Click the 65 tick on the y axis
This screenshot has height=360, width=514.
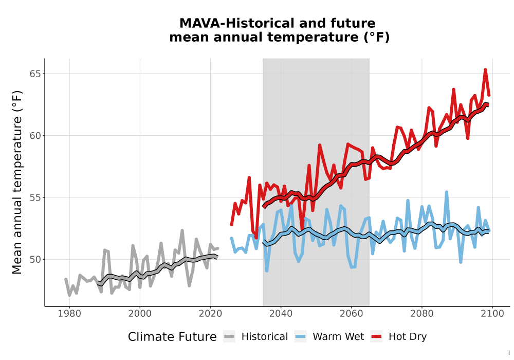coord(35,74)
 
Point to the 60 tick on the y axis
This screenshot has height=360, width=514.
coord(35,135)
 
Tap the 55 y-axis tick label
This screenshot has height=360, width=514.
coord(35,197)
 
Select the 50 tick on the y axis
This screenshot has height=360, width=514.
coord(35,259)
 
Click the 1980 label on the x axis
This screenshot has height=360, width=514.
coord(69,314)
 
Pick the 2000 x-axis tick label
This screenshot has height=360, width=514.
coord(140,314)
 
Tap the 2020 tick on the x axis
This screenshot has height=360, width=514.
coord(210,314)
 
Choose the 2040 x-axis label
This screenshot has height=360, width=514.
coord(281,314)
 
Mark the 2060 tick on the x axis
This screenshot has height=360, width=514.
coord(352,314)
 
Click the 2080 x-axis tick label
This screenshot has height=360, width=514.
coord(422,314)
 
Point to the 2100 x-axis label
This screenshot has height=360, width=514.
coord(492,314)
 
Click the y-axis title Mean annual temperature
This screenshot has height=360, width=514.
coord(17,182)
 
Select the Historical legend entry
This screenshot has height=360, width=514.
coord(255,337)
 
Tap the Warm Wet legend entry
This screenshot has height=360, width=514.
coord(329,337)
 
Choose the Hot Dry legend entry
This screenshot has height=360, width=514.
coord(399,337)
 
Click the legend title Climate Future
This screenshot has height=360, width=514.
coord(172,337)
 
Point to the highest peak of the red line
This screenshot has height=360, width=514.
coord(485,69)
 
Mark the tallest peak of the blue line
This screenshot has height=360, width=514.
coord(447,192)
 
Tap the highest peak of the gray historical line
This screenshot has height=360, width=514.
coord(182,230)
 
